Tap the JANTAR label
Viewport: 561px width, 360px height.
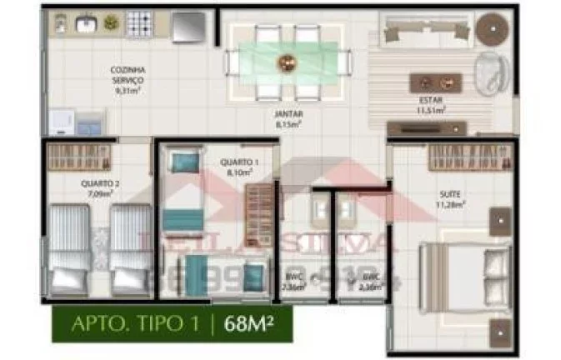[288, 114]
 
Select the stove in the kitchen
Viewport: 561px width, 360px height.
[138, 24]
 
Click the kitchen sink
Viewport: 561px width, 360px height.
[86, 24]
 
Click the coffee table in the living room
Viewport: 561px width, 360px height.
[435, 82]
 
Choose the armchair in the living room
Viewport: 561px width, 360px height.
[490, 71]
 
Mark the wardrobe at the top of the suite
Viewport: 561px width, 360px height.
[457, 155]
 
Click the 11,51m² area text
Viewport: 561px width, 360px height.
[431, 109]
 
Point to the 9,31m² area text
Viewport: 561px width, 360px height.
[129, 89]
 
